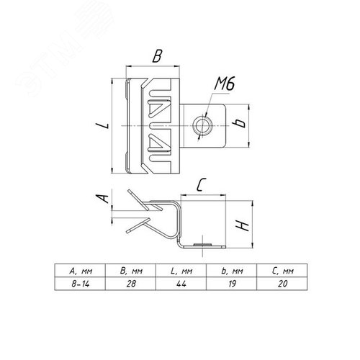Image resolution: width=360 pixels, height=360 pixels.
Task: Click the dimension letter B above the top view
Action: (157, 56)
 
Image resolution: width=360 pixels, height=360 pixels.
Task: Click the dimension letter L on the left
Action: (102, 125)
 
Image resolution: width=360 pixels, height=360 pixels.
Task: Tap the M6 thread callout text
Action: (225, 84)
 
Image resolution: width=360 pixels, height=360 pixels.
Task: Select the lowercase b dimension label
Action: (239, 123)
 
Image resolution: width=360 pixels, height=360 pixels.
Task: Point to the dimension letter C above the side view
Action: (201, 185)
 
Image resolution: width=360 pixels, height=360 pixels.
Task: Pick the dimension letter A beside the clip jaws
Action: (102, 199)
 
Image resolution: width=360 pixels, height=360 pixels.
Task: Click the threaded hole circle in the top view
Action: (203, 126)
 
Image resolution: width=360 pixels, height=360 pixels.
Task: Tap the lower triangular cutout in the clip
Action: (159, 143)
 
